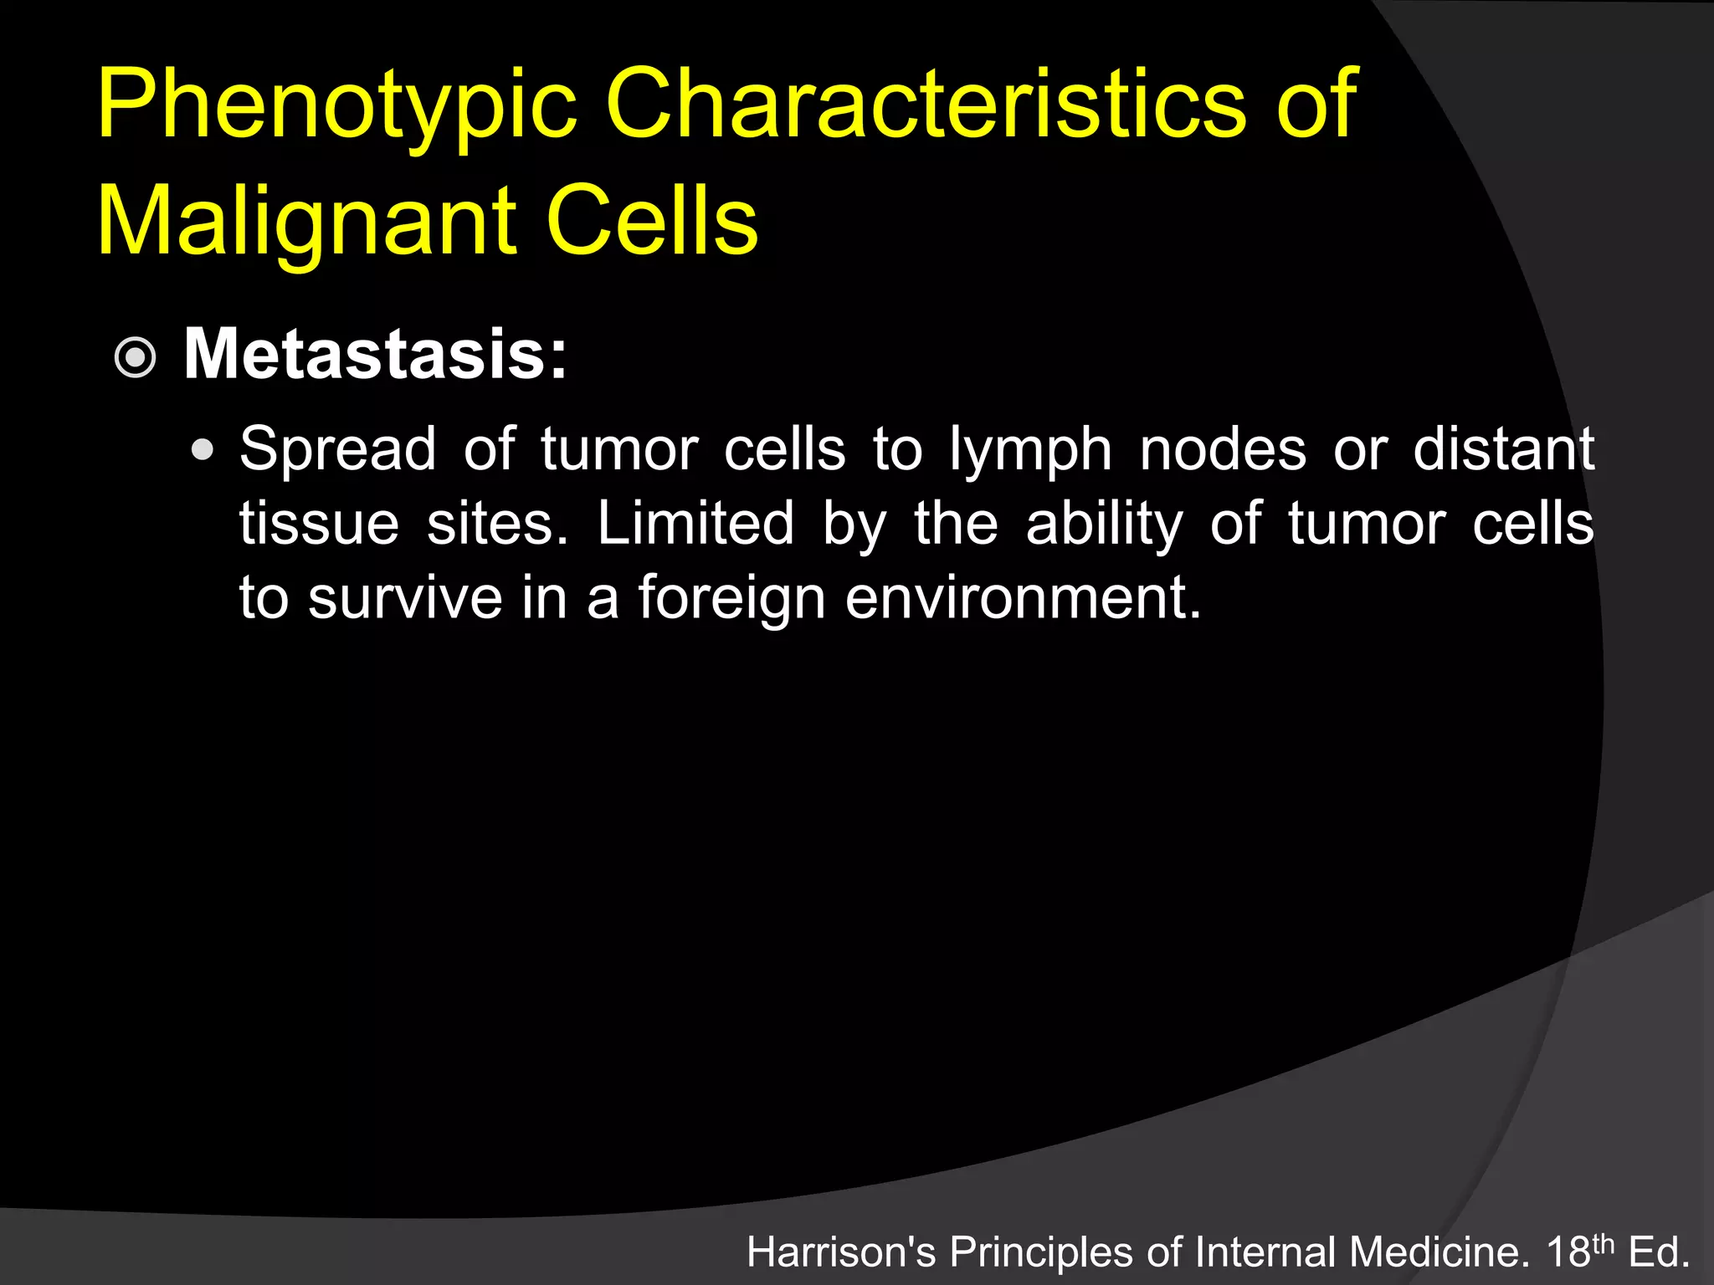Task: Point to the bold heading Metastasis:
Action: pos(375,355)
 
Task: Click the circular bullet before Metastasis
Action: pos(135,359)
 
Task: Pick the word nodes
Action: pos(1222,450)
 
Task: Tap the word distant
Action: pos(1503,450)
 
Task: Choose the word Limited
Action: pos(695,525)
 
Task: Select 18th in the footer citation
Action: pos(1579,1252)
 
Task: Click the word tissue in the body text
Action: pos(319,525)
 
